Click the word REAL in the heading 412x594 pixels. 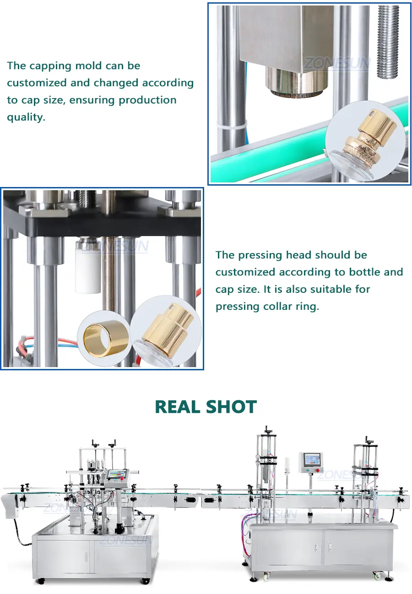pos(178,407)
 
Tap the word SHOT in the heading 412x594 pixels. pos(232,407)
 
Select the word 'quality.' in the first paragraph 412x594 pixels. pos(26,117)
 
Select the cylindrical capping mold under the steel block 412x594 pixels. pos(297,80)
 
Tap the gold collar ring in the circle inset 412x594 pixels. pos(104,339)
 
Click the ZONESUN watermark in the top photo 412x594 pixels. pos(337,63)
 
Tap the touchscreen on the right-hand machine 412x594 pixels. pos(313,460)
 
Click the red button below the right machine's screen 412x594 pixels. pos(318,470)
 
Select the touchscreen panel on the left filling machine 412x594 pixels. pos(117,473)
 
